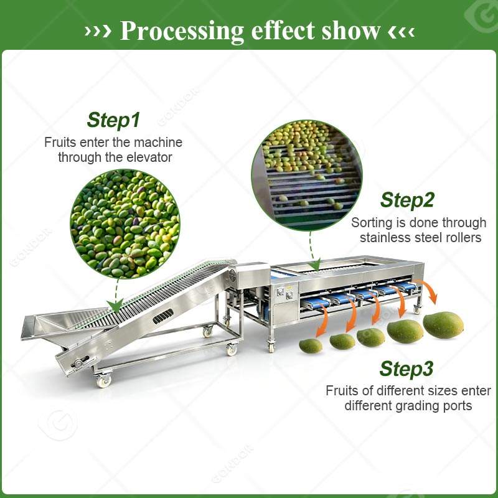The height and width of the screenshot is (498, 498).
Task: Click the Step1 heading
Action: (113, 120)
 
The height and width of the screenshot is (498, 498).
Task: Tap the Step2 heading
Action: (407, 200)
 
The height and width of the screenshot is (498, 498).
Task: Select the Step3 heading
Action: (406, 369)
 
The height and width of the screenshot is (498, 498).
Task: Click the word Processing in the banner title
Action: (182, 32)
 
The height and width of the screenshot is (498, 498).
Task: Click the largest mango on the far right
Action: (443, 325)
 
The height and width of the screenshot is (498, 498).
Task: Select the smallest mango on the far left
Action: (311, 346)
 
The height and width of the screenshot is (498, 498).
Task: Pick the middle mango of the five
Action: (370, 337)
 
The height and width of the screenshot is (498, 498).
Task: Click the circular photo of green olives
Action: (125, 223)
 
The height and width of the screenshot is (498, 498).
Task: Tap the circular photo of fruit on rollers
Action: (307, 175)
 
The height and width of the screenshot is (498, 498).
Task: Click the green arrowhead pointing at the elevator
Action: (115, 306)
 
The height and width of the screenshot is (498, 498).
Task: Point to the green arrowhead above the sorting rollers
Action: (316, 264)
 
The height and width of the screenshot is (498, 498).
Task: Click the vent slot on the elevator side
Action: (163, 316)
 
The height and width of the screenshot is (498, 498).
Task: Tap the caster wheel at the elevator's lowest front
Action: (104, 380)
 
